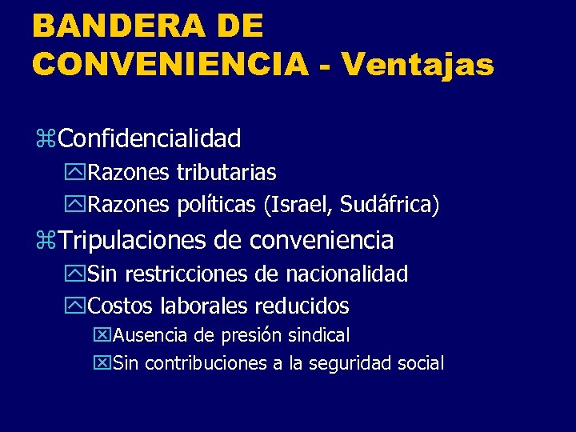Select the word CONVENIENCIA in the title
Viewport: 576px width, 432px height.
(170, 63)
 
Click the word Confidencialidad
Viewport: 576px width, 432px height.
(150, 138)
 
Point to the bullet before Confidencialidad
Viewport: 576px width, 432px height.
(45, 139)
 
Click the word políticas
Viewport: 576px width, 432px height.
(214, 205)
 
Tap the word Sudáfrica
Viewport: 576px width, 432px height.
(389, 205)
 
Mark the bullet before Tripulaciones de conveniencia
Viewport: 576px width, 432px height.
(45, 240)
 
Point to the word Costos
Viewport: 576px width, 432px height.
(122, 306)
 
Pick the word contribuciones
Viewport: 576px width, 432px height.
(205, 363)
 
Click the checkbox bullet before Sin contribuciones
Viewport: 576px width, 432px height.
(102, 364)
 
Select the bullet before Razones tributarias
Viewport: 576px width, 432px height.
(78, 173)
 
